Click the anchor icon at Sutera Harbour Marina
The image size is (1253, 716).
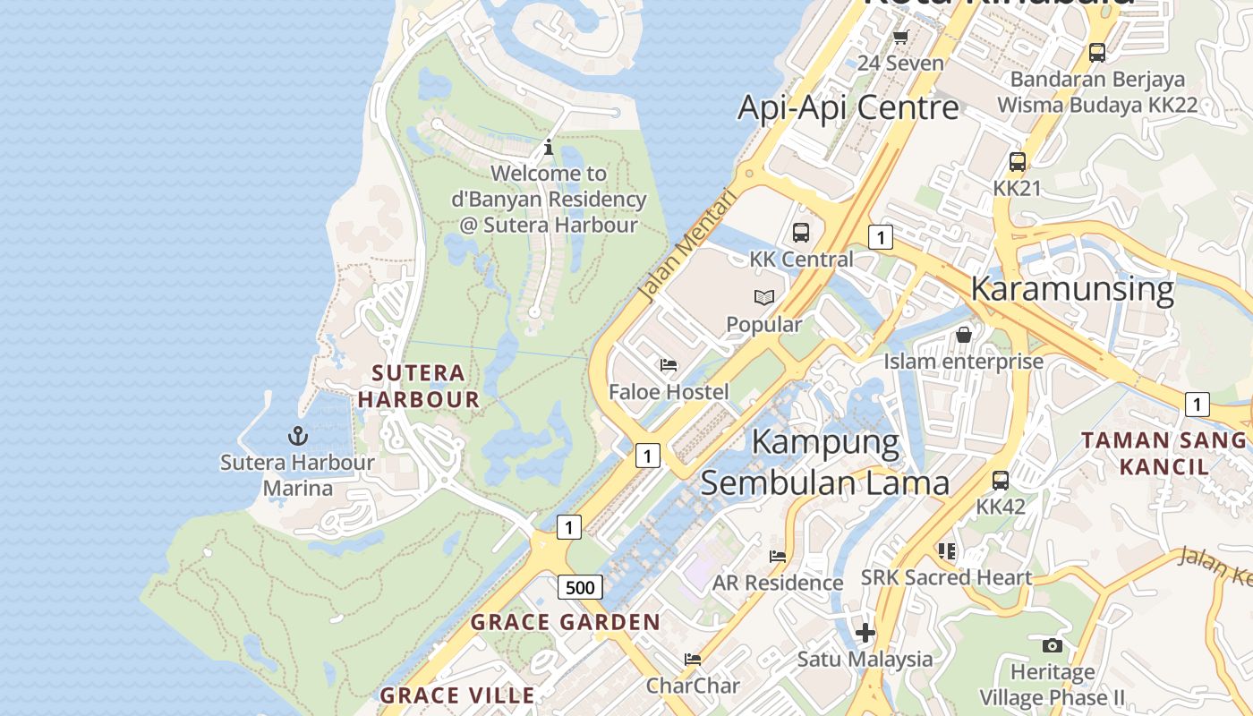(x=297, y=436)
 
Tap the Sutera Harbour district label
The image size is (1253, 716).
(x=419, y=386)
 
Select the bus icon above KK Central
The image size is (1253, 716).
(x=801, y=233)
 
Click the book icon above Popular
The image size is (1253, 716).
(x=763, y=297)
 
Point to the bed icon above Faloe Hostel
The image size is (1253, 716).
(x=669, y=365)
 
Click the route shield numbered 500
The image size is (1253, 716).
(x=580, y=587)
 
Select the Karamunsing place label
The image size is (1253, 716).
(x=1071, y=289)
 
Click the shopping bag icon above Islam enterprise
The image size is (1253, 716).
(x=964, y=335)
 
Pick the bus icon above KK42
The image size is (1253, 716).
(x=1001, y=480)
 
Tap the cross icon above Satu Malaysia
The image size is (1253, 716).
(x=865, y=633)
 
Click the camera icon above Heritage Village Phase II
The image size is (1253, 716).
(x=1053, y=645)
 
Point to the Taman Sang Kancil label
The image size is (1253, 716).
(x=1163, y=453)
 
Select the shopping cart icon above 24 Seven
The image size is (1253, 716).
(x=900, y=37)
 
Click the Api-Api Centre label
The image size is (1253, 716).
(x=848, y=107)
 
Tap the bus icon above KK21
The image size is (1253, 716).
(x=1018, y=162)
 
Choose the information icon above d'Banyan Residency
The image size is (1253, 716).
(x=549, y=147)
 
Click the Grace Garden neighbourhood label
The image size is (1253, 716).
(x=565, y=622)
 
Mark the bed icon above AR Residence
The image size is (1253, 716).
(x=778, y=556)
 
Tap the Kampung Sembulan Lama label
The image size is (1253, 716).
(x=824, y=462)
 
